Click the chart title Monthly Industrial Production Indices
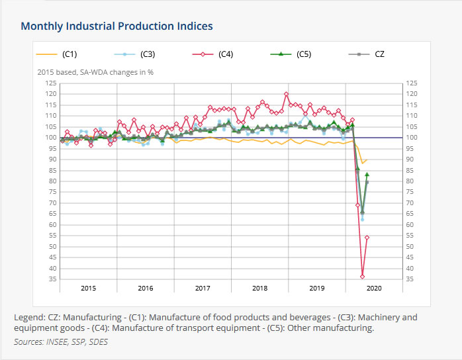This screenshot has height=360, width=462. tap(117, 26)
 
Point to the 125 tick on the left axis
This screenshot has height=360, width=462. tap(50, 83)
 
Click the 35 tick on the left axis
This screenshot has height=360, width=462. tap(52, 279)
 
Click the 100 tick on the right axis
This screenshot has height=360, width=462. tap(412, 138)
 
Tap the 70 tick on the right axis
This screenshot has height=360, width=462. tap(410, 203)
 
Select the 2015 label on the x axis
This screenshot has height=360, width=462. tap(88, 289)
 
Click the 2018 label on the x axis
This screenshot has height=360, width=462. tap(259, 289)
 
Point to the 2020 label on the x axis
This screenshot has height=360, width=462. tap(374, 289)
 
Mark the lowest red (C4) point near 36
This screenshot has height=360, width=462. tap(362, 277)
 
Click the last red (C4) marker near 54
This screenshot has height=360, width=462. tap(367, 238)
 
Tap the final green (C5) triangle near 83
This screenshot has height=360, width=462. tap(367, 175)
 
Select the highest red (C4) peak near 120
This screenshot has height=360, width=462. tap(286, 94)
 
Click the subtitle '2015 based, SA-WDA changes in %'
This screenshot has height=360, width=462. tap(95, 71)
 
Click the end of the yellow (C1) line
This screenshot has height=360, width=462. tap(367, 160)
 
